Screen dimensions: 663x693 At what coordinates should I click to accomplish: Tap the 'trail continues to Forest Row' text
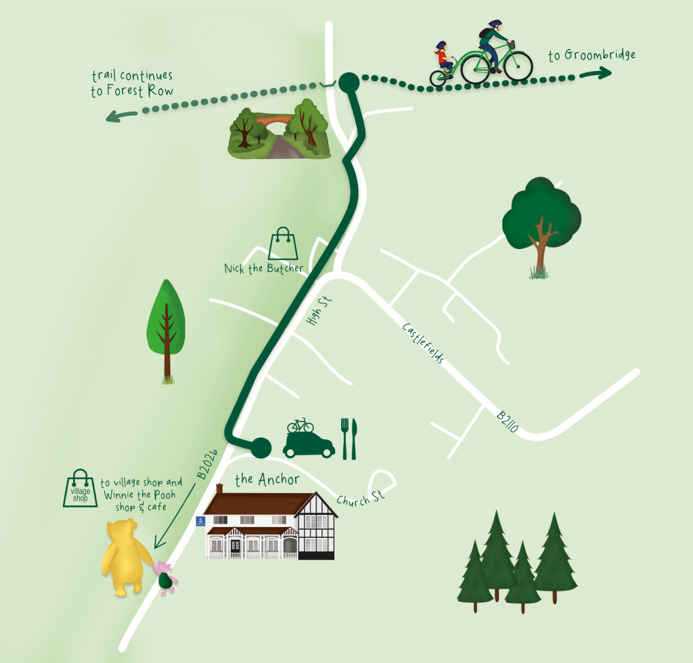point(132,84)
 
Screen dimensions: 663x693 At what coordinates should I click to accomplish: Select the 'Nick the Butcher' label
point(264,269)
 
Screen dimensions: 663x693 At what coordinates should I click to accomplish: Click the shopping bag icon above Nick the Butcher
point(283,244)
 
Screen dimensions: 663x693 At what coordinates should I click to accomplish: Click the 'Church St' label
point(361,499)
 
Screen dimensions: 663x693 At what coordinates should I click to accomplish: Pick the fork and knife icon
point(349,438)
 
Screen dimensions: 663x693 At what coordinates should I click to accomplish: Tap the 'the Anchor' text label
point(267,480)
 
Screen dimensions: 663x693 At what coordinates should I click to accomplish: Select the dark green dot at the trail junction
point(349,83)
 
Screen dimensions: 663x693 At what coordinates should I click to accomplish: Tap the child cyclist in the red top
point(443,61)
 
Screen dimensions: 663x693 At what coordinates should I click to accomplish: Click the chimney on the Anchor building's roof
point(219,488)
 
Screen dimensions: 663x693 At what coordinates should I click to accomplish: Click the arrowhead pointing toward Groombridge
point(604,72)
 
